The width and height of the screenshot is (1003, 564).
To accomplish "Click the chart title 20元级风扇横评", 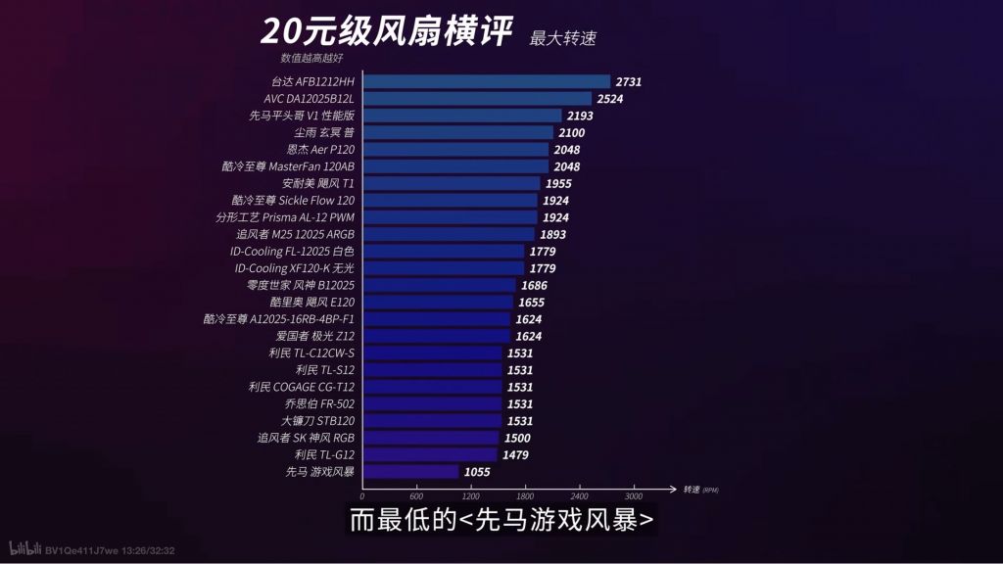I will click(x=386, y=32).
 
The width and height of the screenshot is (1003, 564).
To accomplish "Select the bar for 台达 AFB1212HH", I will click(x=486, y=82).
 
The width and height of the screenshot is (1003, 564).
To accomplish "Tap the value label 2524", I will click(x=610, y=99).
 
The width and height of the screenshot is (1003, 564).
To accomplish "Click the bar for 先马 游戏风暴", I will click(x=410, y=472).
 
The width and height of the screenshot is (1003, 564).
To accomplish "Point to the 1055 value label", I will click(x=477, y=472).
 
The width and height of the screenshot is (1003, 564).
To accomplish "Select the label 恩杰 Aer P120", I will click(x=320, y=150).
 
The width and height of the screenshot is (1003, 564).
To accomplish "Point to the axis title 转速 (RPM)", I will click(x=700, y=490).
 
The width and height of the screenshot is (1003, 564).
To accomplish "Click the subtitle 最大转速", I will click(x=562, y=39).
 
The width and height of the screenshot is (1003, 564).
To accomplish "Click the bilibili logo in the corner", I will click(x=24, y=549).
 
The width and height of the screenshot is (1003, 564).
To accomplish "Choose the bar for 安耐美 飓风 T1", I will click(x=451, y=184).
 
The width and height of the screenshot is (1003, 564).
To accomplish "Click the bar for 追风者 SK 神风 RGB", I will click(x=430, y=438).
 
